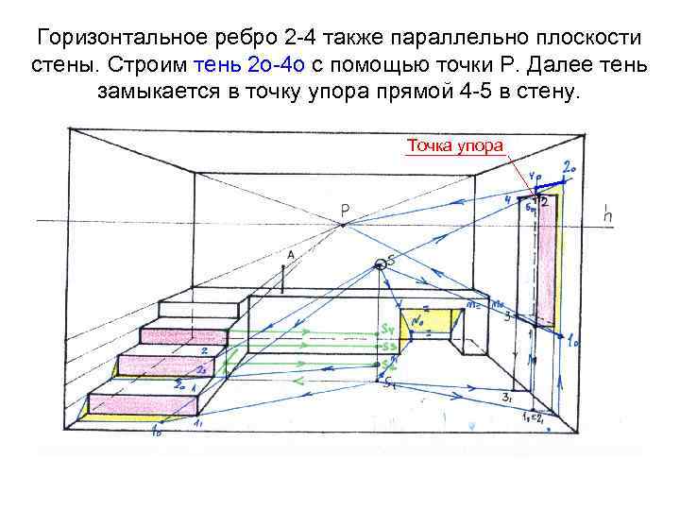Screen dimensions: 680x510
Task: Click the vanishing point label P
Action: pos(346,209)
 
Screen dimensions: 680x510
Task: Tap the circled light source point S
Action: pos(382,263)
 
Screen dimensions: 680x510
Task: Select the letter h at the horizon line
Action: pos(609,216)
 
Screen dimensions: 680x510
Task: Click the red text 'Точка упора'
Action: pos(455,145)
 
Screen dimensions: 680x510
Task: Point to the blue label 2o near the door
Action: pos(569,168)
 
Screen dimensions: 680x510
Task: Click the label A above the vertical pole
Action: pos(290,254)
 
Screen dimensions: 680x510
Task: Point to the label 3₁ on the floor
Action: pos(507,398)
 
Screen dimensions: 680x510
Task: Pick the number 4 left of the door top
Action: pos(508,199)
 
